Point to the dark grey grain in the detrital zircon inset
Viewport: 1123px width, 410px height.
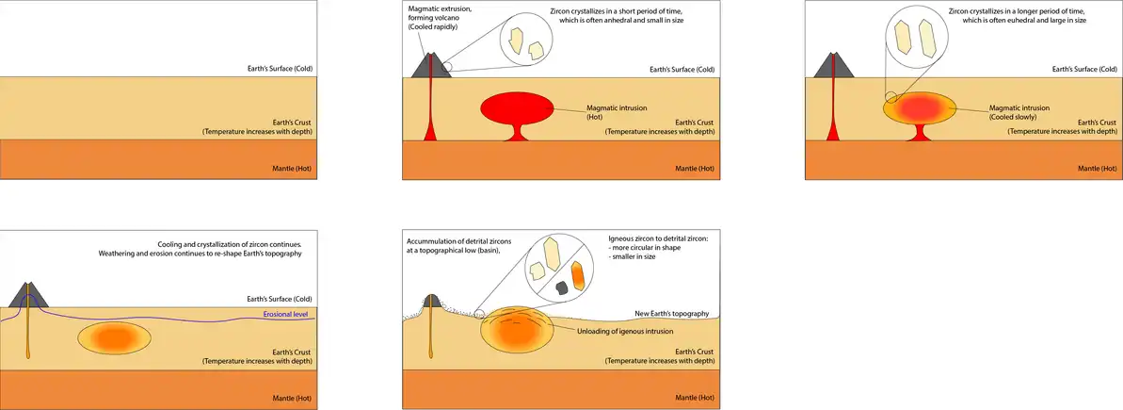[561, 287]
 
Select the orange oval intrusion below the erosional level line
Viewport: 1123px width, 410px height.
[114, 336]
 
